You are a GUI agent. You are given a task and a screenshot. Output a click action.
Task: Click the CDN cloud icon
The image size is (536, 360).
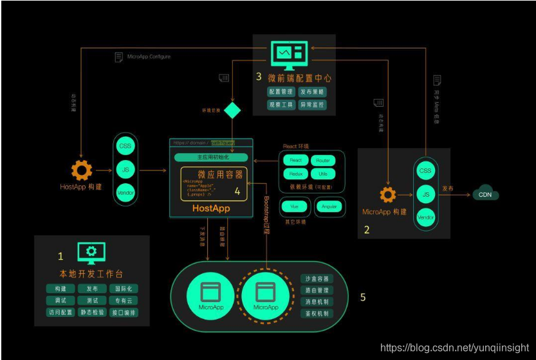[486, 194]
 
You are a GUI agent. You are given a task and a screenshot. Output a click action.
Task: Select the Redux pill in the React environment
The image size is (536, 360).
[295, 174]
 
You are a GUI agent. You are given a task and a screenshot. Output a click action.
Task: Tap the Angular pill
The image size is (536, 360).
[329, 207]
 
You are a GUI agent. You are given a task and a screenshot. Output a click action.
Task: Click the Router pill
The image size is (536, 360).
[323, 161]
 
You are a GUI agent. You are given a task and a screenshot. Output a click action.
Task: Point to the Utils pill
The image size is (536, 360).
[323, 174]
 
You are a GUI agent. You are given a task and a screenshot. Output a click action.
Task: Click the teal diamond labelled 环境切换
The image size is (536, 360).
[232, 110]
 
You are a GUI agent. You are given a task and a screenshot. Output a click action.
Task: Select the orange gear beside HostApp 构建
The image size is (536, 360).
[82, 171]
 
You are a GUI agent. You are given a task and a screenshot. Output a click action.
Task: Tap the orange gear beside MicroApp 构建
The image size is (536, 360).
[387, 195]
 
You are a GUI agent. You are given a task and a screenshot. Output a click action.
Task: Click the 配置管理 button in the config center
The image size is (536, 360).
[281, 92]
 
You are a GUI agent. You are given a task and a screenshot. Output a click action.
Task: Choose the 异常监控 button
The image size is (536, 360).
[312, 104]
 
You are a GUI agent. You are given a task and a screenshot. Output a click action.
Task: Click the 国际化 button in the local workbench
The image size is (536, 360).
[123, 289]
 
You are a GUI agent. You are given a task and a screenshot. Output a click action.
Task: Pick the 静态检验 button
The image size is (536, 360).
[91, 313]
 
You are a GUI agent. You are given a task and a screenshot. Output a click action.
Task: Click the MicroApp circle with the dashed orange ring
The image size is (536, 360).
[266, 296]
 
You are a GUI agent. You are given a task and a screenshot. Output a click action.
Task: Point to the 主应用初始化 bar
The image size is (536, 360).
[211, 157]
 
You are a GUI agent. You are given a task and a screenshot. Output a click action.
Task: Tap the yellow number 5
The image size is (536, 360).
[362, 296]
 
